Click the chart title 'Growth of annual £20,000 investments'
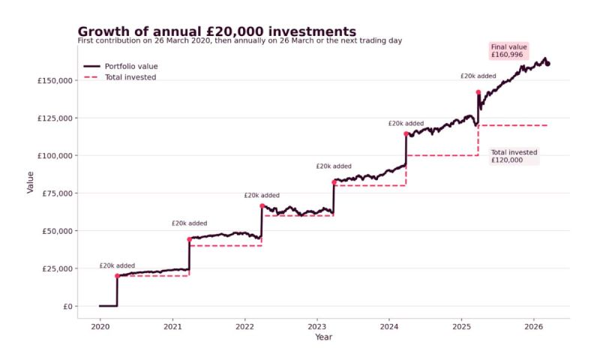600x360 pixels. [x=217, y=31]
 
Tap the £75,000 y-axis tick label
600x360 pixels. [x=54, y=193]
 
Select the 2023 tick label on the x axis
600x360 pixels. [x=316, y=327]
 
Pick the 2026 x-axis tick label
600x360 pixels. [x=533, y=327]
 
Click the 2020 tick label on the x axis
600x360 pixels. [x=100, y=327]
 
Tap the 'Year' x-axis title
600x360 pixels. [x=323, y=337]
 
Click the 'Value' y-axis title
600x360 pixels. [x=31, y=181]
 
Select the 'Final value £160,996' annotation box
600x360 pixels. [x=509, y=50]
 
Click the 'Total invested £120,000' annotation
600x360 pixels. [x=514, y=155]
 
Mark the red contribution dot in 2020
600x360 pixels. [x=117, y=276]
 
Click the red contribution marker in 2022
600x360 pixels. [x=262, y=205]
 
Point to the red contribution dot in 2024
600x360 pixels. [x=406, y=133]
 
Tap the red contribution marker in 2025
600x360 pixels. [x=478, y=92]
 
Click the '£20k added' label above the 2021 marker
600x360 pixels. [x=189, y=223]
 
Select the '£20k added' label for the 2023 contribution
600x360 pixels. [x=334, y=166]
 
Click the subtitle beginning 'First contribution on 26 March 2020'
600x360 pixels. [x=239, y=40]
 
